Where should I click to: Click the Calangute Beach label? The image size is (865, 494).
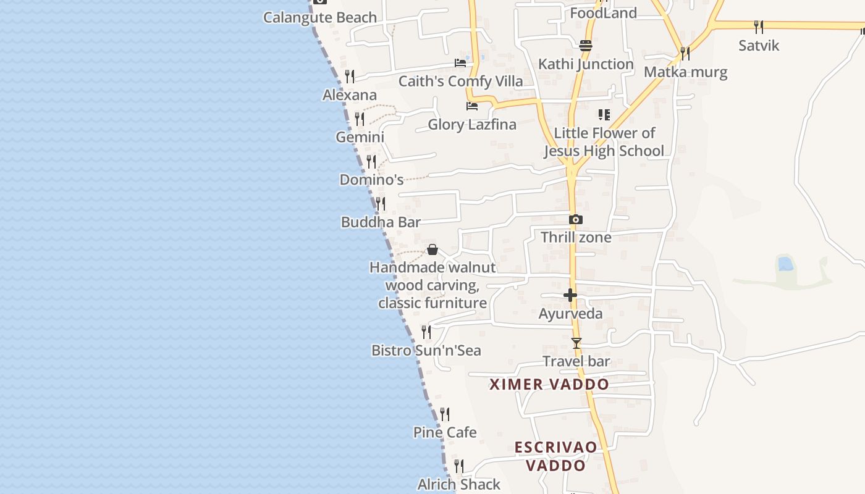319,17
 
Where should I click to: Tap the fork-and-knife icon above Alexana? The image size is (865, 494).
350,76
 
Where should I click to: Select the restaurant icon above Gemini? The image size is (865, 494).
360,119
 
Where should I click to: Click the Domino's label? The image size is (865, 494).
371,180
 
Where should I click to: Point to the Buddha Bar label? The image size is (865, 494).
381,222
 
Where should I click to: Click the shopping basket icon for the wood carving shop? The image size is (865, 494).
432,249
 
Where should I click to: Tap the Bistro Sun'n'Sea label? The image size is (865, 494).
426,350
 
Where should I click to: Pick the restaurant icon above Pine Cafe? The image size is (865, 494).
445,414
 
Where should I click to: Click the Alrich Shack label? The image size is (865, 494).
458,485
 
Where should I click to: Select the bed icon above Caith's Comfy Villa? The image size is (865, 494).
460,62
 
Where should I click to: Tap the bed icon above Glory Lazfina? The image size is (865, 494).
472,106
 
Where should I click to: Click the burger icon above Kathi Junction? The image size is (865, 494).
586,45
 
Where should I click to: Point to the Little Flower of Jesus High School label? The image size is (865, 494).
604,142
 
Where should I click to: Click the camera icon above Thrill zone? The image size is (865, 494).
576,219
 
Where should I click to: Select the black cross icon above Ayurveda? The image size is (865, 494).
570,295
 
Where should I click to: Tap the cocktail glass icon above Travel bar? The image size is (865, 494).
576,343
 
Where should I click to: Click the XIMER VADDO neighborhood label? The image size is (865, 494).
549,384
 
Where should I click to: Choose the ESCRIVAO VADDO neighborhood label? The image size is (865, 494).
556,456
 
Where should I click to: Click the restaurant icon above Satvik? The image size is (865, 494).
759,27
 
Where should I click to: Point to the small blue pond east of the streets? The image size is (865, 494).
785,264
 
